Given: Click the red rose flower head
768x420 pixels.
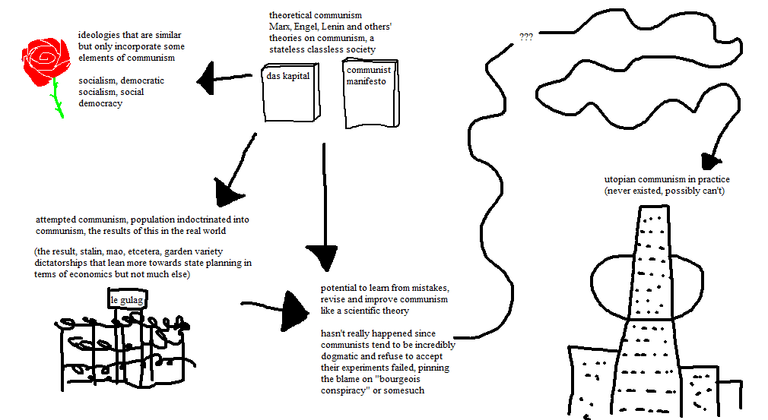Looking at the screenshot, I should point(46,58).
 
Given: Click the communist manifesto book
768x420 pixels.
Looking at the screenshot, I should point(370,95).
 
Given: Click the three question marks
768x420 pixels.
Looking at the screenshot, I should point(525,36).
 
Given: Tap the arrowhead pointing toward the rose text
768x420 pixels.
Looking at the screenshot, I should point(207,77).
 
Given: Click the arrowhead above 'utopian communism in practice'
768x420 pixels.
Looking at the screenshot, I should point(711,160).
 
